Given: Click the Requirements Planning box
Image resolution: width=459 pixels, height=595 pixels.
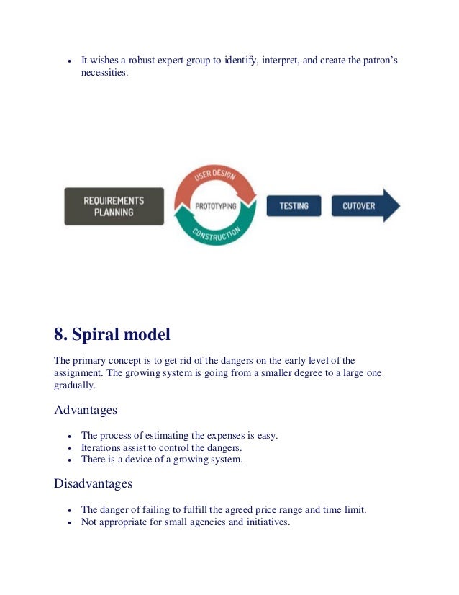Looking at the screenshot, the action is pyautogui.click(x=114, y=206).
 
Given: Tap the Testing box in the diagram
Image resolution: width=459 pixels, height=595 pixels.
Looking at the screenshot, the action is pyautogui.click(x=294, y=206).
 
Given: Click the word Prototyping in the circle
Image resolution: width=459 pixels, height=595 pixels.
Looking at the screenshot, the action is pyautogui.click(x=215, y=205).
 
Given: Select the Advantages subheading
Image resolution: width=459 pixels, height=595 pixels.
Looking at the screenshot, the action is pyautogui.click(x=86, y=410).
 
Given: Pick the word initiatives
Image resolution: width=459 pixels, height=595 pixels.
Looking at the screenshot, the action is pyautogui.click(x=264, y=522).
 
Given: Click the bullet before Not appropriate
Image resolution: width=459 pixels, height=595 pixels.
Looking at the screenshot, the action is pyautogui.click(x=68, y=523).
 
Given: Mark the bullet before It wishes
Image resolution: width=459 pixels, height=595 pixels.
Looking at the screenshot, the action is pyautogui.click(x=68, y=62).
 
